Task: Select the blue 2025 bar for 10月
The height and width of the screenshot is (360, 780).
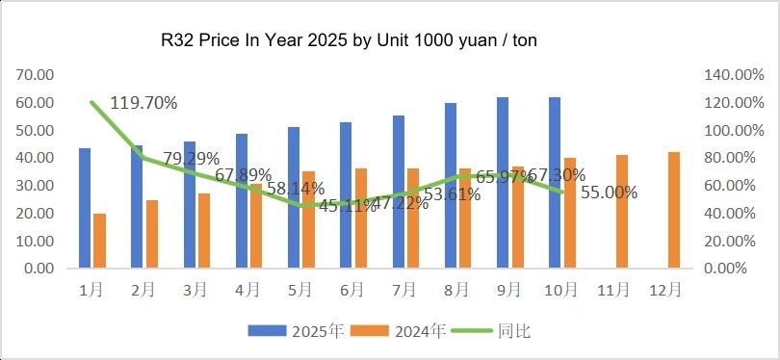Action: pyautogui.click(x=554, y=183)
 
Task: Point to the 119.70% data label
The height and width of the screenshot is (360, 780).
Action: pyautogui.click(x=147, y=101)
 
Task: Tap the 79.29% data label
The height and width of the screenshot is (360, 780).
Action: pyautogui.click(x=191, y=158)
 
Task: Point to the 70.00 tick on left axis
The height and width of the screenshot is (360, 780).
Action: pyautogui.click(x=36, y=74)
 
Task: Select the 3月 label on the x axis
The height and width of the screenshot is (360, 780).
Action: pyautogui.click(x=195, y=288)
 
